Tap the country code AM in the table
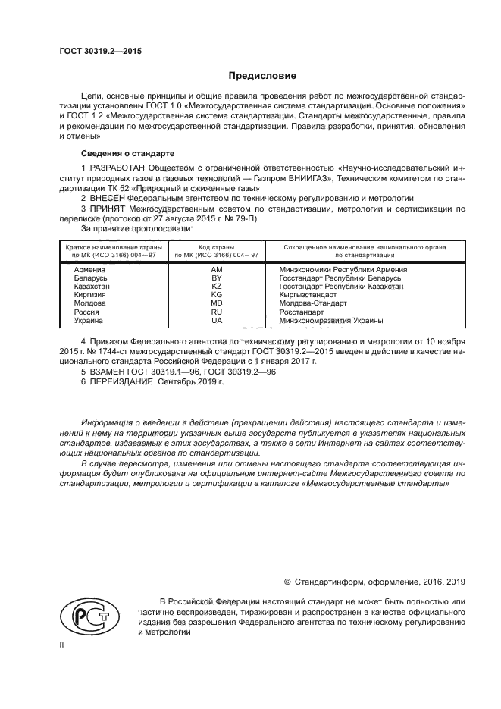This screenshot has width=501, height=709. point(216,270)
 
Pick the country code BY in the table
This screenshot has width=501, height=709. point(216,278)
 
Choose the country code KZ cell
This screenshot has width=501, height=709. point(216,287)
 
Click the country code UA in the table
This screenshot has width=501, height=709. point(216,320)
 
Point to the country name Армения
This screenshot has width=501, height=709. point(89,270)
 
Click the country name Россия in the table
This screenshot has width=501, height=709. point(86,312)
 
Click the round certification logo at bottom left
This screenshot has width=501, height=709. point(84,614)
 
